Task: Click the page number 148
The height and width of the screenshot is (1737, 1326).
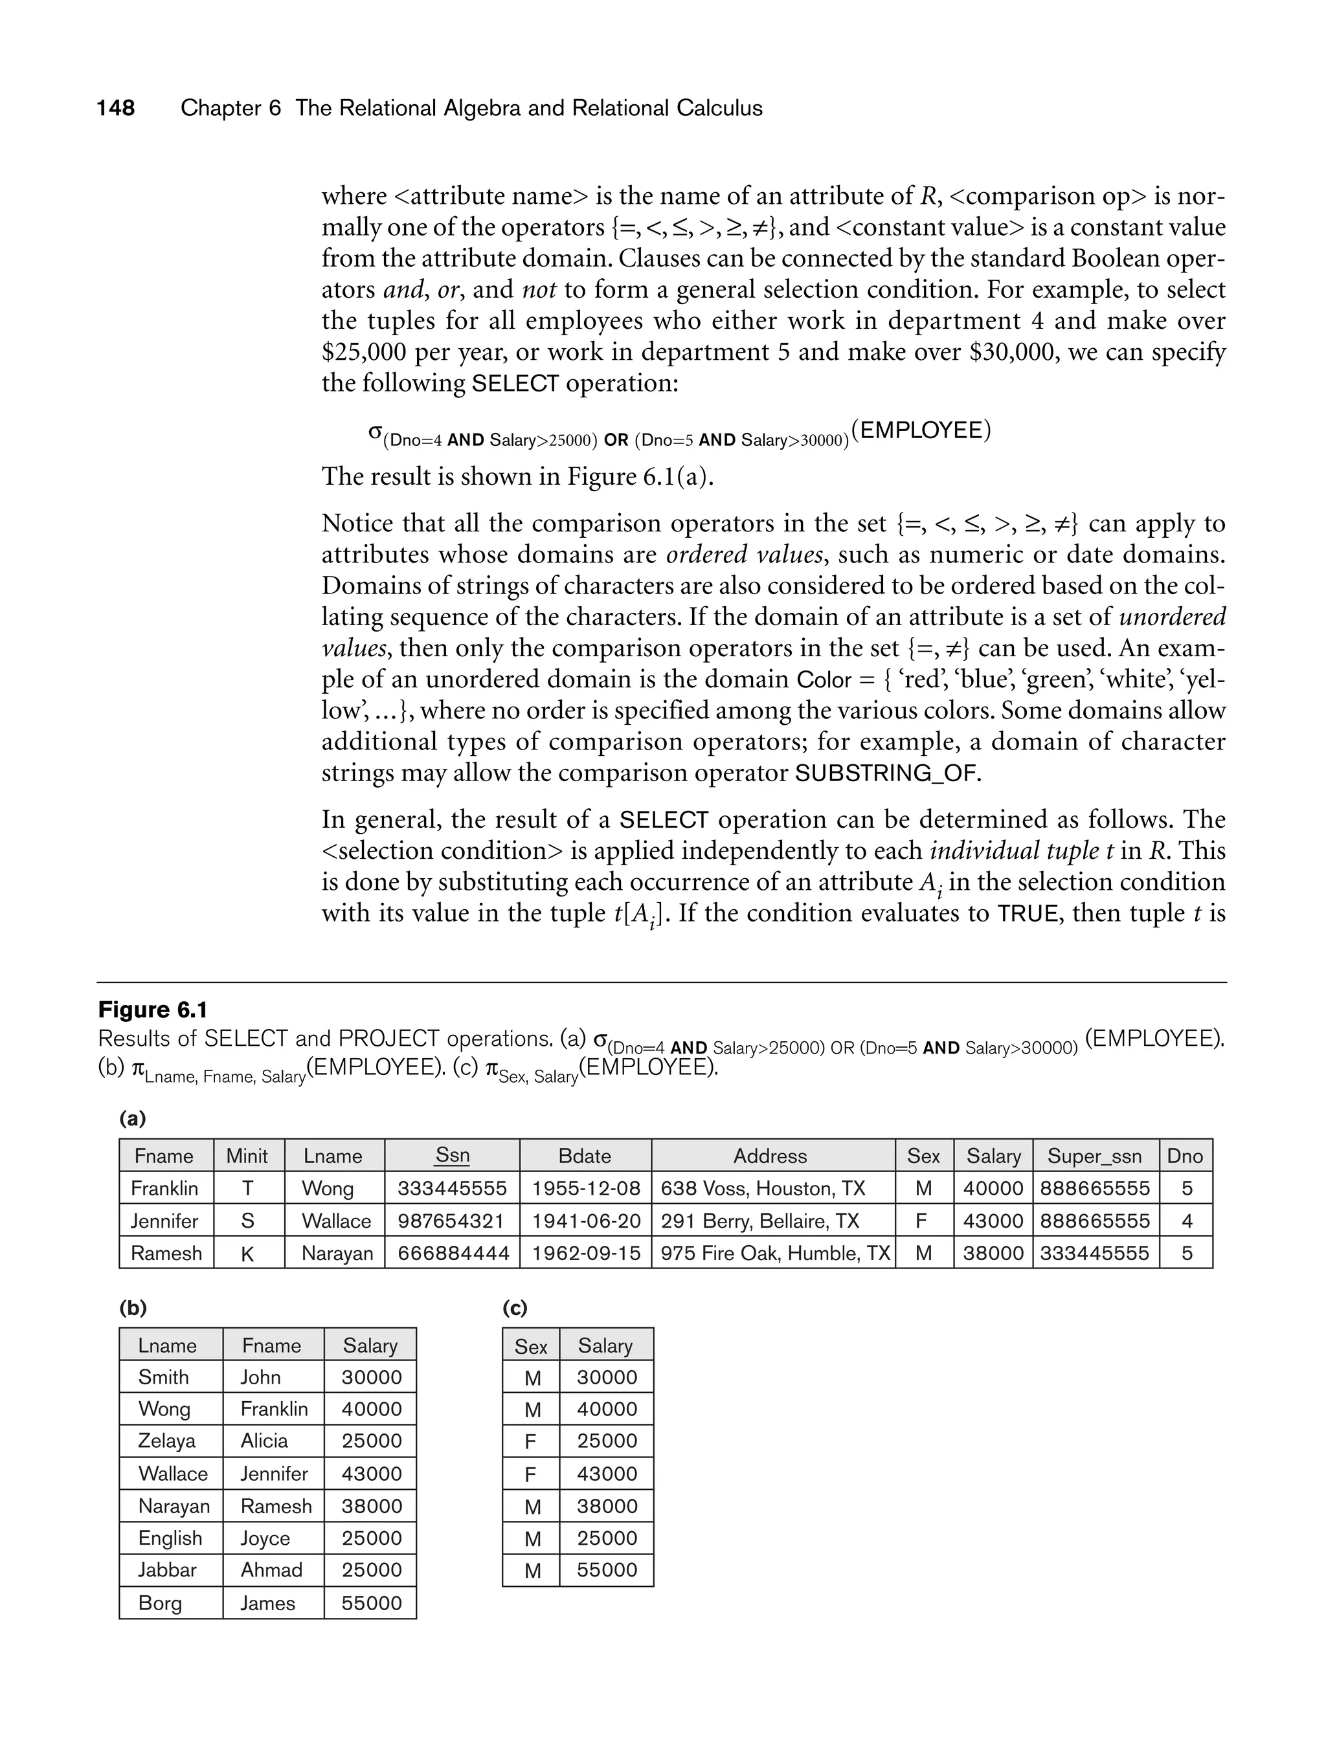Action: (116, 108)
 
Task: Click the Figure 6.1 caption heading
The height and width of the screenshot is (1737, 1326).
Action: (152, 1010)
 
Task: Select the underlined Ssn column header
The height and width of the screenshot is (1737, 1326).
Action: (453, 1155)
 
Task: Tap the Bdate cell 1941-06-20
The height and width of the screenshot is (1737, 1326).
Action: (586, 1221)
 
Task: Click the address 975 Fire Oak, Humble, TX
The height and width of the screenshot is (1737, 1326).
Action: (774, 1253)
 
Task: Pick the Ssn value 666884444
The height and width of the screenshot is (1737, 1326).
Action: (453, 1253)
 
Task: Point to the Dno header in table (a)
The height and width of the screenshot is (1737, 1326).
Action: (1185, 1156)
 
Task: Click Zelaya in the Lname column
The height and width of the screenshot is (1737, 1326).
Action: (166, 1441)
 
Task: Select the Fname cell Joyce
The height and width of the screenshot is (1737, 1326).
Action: (265, 1538)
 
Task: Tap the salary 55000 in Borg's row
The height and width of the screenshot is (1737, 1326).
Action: (371, 1602)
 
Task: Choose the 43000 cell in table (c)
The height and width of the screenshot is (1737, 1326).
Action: (606, 1473)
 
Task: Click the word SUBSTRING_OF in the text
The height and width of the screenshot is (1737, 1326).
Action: (886, 773)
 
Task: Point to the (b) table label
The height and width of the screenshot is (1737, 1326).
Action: (133, 1308)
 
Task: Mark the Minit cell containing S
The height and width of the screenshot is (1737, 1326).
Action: (248, 1221)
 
